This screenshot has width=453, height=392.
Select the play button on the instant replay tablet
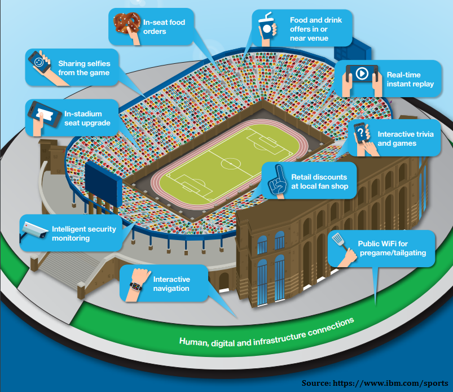(x=361, y=73)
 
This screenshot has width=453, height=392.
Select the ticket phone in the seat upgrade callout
(x=42, y=113)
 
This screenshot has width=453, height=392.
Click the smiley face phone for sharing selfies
(x=39, y=61)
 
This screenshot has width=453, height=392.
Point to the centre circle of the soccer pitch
(x=230, y=164)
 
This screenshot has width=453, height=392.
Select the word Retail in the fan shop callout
(x=302, y=177)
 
